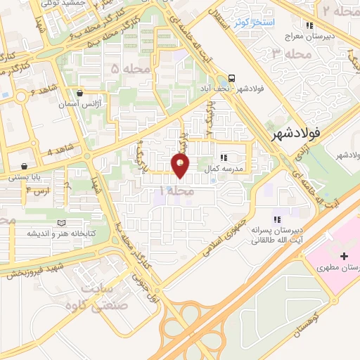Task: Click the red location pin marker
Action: pyautogui.click(x=181, y=166)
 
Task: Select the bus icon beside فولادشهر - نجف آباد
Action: pyautogui.click(x=232, y=79)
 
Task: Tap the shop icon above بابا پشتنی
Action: pyautogui.click(x=24, y=167)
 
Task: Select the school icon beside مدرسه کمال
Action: pyautogui.click(x=223, y=158)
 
